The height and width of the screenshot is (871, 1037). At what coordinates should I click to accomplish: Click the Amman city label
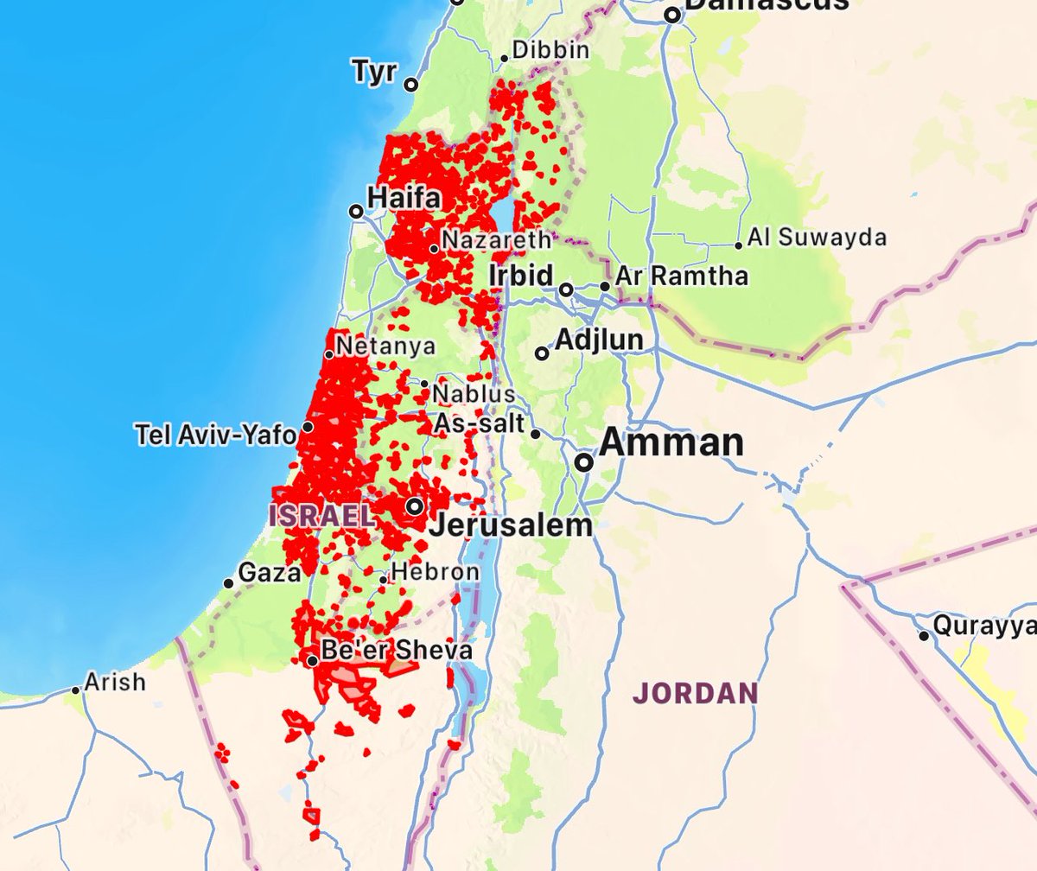pyautogui.click(x=671, y=442)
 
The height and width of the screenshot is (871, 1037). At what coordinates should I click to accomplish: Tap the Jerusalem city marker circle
pyautogui.click(x=416, y=506)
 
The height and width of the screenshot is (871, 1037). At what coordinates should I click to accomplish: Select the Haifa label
pyautogui.click(x=404, y=198)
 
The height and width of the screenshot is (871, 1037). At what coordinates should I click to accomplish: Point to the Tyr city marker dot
pyautogui.click(x=411, y=85)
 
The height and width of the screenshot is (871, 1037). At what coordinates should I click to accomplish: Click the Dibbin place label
pyautogui.click(x=550, y=51)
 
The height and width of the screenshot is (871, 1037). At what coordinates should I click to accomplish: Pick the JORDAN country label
pyautogui.click(x=695, y=692)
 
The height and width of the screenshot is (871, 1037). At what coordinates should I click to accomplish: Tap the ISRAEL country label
pyautogui.click(x=322, y=517)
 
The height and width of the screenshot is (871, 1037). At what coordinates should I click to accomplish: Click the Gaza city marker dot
pyautogui.click(x=228, y=583)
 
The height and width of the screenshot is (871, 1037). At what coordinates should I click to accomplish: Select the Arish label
pyautogui.click(x=115, y=682)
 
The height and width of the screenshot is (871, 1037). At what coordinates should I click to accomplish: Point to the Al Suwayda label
pyautogui.click(x=817, y=238)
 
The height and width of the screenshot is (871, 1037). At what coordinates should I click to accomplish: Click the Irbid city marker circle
pyautogui.click(x=566, y=289)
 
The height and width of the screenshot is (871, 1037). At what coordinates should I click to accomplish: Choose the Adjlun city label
pyautogui.click(x=599, y=340)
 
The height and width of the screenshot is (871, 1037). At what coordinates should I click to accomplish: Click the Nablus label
pyautogui.click(x=474, y=395)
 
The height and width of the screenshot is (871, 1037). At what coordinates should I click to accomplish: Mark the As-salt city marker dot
pyautogui.click(x=536, y=434)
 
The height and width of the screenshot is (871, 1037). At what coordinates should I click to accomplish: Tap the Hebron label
pyautogui.click(x=435, y=572)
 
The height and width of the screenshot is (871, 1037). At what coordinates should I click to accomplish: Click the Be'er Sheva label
pyautogui.click(x=396, y=650)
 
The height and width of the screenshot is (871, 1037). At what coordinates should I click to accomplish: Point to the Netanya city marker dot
pyautogui.click(x=328, y=354)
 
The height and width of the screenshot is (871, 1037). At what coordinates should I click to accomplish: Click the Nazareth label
pyautogui.click(x=495, y=240)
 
